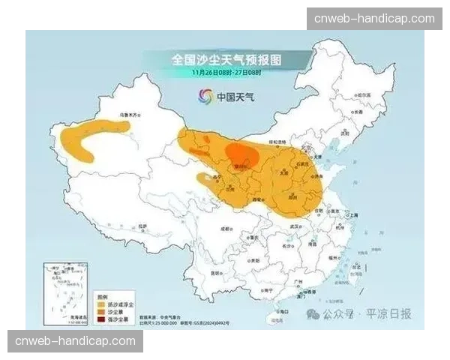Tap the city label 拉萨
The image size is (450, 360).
143,225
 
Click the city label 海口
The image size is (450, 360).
283,310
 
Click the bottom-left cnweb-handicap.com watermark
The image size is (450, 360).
74,341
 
